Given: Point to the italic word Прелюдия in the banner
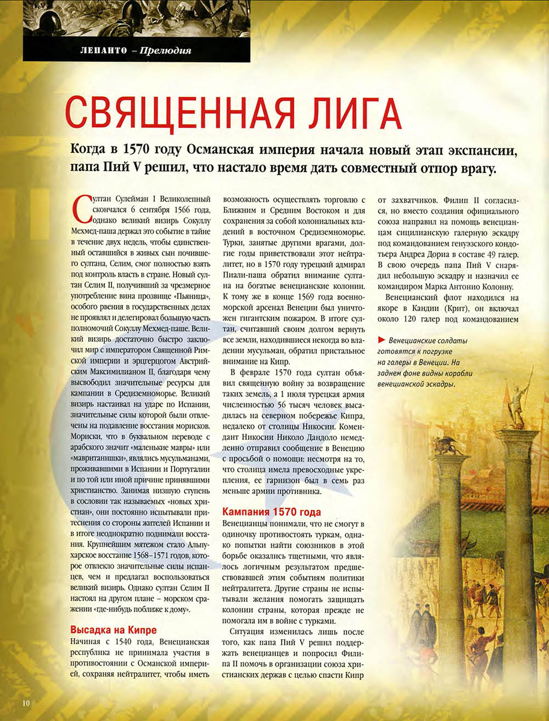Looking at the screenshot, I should point(165,51).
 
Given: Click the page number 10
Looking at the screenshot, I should point(27,703).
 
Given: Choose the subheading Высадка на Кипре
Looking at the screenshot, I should point(114,630).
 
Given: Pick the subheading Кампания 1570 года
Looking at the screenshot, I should point(271,512).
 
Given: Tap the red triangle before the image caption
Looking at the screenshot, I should point(381,340).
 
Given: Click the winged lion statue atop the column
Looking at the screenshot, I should point(446,446).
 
